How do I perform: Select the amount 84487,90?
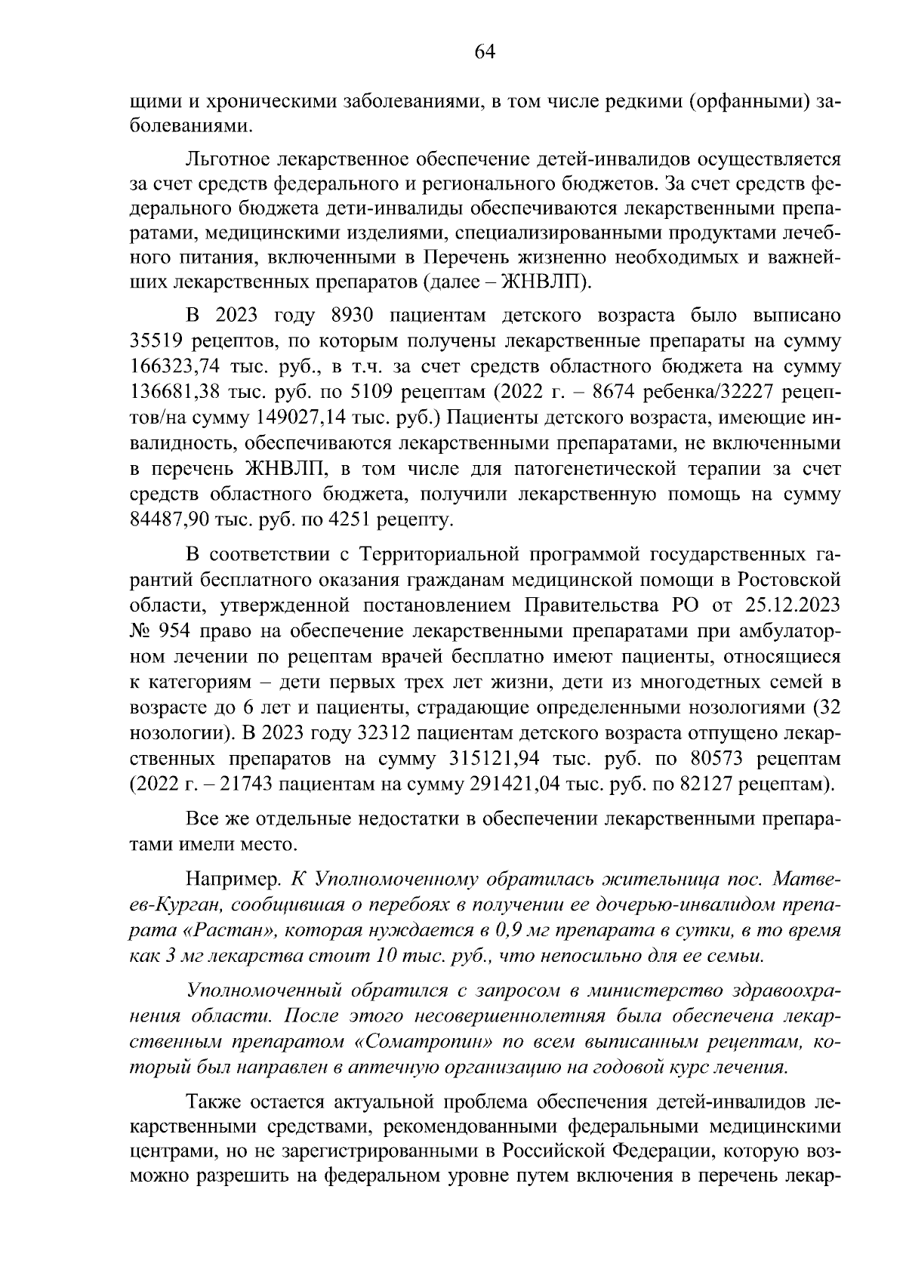click(168, 520)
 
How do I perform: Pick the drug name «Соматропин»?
click(424, 1043)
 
